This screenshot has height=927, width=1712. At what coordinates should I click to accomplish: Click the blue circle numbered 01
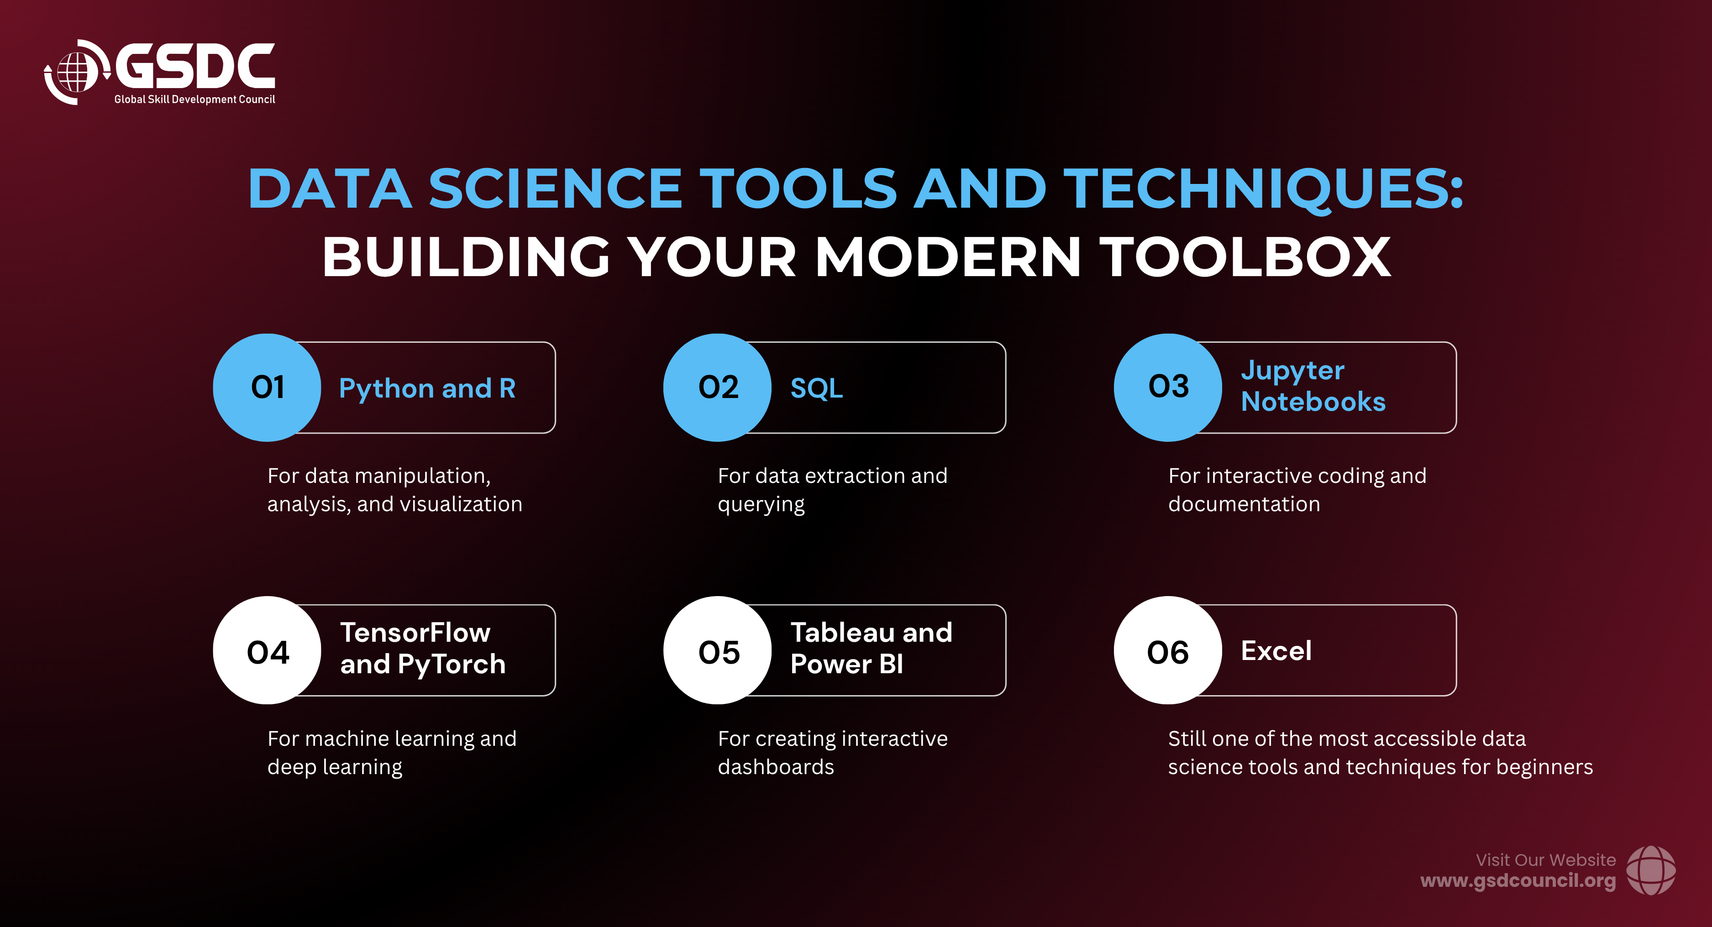[x=267, y=388]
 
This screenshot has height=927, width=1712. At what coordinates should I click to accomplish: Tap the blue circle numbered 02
[x=718, y=388]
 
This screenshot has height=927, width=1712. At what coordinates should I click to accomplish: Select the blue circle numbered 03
[x=1168, y=388]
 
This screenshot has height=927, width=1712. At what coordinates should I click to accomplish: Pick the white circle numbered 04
[x=267, y=650]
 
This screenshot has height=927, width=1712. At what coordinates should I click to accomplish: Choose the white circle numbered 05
[x=718, y=650]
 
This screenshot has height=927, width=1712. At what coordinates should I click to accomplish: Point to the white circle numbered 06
[x=1168, y=650]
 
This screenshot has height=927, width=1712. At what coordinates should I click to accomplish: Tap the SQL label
[x=817, y=388]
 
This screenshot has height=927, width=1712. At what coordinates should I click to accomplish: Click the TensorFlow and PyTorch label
[x=423, y=649]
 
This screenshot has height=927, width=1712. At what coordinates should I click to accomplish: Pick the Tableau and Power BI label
[x=871, y=649]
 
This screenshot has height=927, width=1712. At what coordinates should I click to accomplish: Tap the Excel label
[x=1276, y=650]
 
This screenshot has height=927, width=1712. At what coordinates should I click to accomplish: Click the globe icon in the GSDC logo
[x=75, y=72]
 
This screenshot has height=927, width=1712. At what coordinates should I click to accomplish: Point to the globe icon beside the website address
[x=1651, y=870]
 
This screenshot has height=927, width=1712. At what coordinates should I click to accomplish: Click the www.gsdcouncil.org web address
[x=1518, y=881]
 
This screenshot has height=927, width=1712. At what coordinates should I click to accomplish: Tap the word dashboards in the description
[x=776, y=767]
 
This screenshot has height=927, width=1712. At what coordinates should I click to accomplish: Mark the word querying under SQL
[x=761, y=505]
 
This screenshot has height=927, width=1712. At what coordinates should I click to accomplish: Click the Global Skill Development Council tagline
[x=195, y=100]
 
